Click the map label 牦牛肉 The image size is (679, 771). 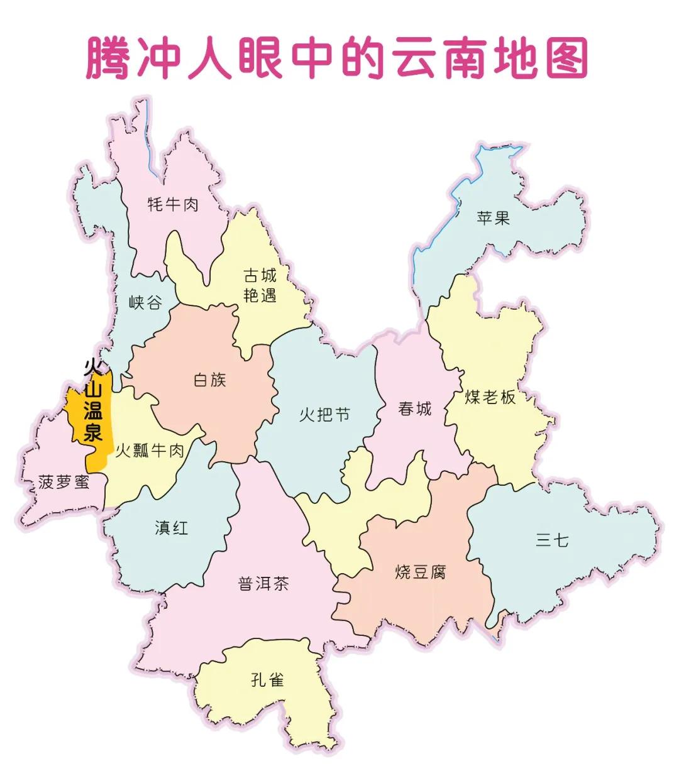point(173,204)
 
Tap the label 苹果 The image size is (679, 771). point(493,218)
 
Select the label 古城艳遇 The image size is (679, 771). point(260,285)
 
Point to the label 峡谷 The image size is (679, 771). point(145,303)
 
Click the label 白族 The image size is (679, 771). point(209,380)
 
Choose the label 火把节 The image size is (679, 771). point(324,415)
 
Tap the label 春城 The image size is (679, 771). point(415,408)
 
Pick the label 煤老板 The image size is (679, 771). point(490,397)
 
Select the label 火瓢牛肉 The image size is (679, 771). point(150,450)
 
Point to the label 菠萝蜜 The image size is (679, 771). point(63,482)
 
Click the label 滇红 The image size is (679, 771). point(172,528)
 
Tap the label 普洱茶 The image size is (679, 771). point(263,584)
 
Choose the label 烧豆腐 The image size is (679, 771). point(421,572)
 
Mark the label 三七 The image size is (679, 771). point(552,540)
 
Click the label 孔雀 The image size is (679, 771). point(267,680)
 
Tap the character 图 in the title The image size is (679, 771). point(566,58)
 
